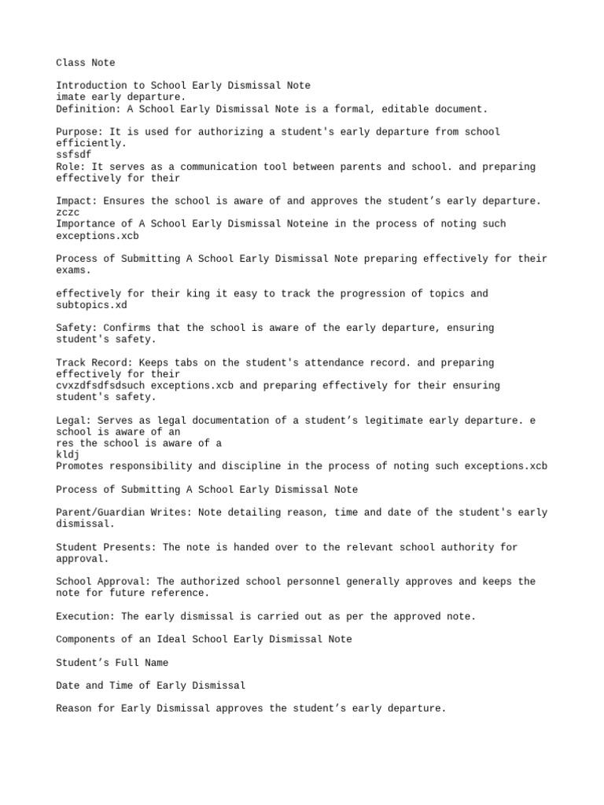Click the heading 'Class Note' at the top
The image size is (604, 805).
click(85, 62)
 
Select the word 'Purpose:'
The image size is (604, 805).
click(79, 131)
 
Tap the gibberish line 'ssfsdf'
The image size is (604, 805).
click(73, 155)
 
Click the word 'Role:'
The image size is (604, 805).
click(71, 167)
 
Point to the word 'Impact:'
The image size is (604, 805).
click(76, 201)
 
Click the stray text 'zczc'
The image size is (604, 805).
click(68, 212)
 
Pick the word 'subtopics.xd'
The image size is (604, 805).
click(91, 305)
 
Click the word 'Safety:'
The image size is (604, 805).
click(76, 328)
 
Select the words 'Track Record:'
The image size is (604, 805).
click(94, 362)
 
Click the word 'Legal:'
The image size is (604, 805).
click(73, 421)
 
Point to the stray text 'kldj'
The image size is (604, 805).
click(68, 454)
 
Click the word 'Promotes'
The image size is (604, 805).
click(79, 466)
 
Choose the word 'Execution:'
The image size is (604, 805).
click(85, 616)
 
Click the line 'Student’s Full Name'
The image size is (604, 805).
click(112, 663)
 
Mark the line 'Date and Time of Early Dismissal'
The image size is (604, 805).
click(150, 686)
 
